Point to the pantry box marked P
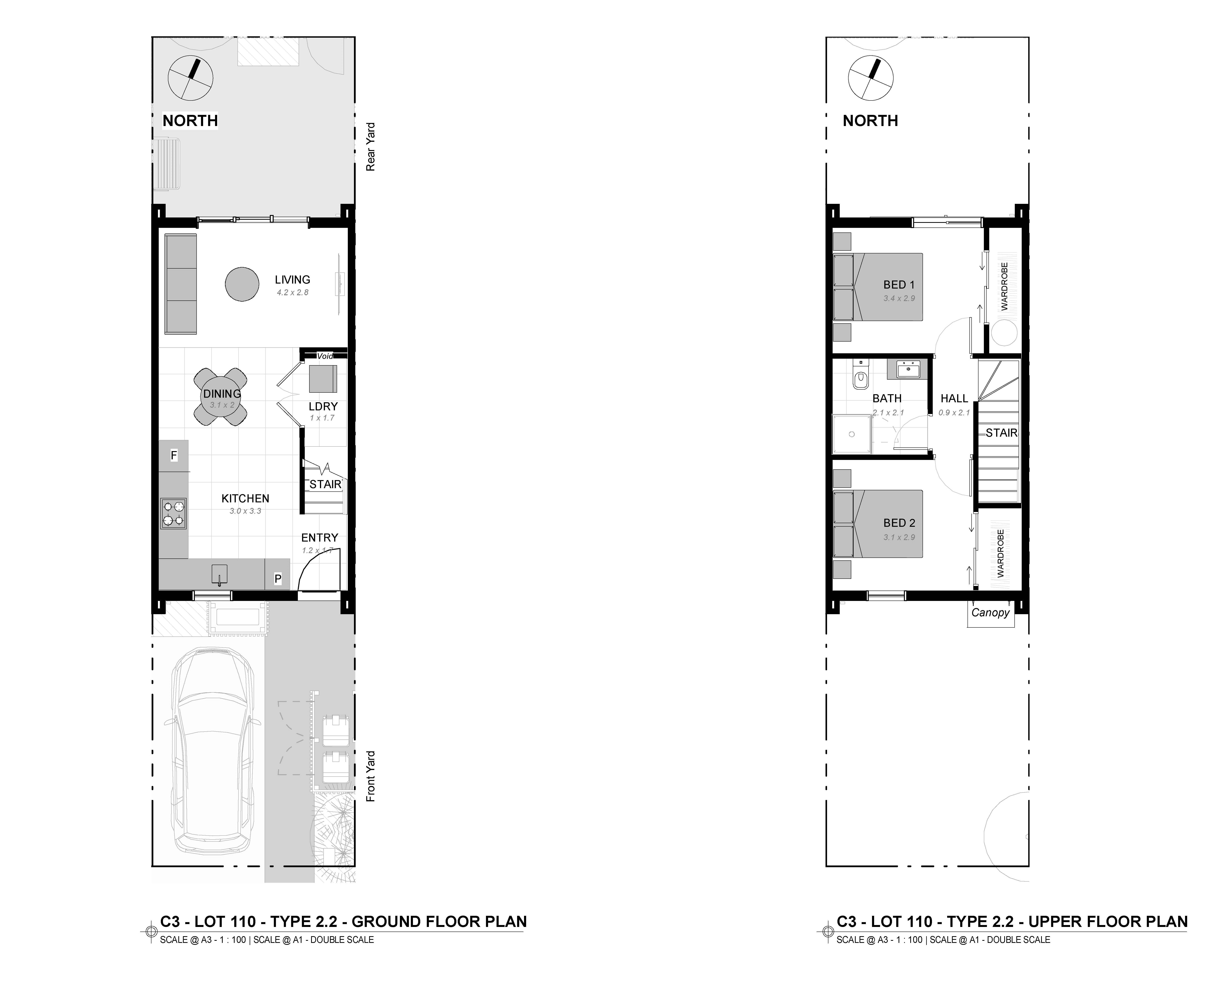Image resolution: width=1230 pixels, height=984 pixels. click(x=278, y=578)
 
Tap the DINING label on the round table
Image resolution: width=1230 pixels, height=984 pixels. click(x=222, y=394)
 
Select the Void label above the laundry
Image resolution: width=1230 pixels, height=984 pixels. click(x=325, y=356)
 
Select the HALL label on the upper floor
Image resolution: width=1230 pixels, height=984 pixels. click(x=954, y=398)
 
